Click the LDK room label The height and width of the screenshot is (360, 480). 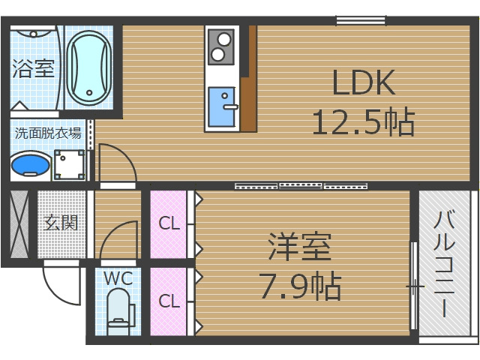pyautogui.click(x=364, y=83)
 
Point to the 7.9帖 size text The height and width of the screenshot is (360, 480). pyautogui.click(x=300, y=285)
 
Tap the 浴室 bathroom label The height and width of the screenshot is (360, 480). pyautogui.click(x=33, y=70)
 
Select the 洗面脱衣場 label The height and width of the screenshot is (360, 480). pyautogui.click(x=49, y=133)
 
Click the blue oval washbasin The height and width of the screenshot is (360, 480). pyautogui.click(x=31, y=165)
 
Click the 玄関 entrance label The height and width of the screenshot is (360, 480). pyautogui.click(x=61, y=223)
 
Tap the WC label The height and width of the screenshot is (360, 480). pyautogui.click(x=118, y=279)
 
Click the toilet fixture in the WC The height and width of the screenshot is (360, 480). pyautogui.click(x=118, y=311)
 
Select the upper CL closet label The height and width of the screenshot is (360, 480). pyautogui.click(x=169, y=223)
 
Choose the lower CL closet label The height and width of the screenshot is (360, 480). pyautogui.click(x=169, y=301)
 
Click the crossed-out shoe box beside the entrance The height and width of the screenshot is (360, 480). pyautogui.click(x=19, y=223)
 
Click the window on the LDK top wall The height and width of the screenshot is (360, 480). pyautogui.click(x=361, y=20)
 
